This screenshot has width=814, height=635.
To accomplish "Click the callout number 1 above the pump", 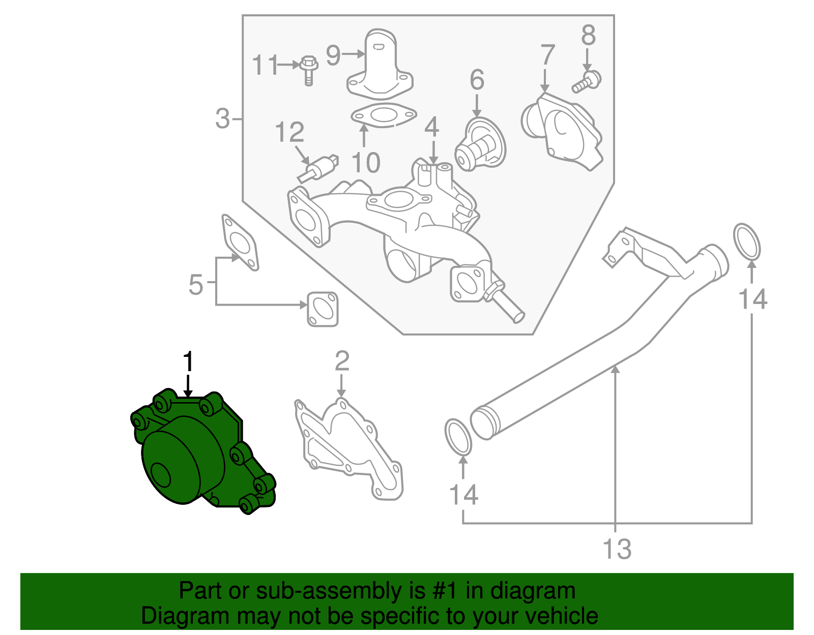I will pyautogui.click(x=188, y=362).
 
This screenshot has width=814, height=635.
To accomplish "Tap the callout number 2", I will pyautogui.click(x=342, y=361).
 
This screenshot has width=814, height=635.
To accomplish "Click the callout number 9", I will pyautogui.click(x=333, y=55).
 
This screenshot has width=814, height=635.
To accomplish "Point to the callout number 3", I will pyautogui.click(x=223, y=118).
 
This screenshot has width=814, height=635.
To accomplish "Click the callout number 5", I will pyautogui.click(x=196, y=285).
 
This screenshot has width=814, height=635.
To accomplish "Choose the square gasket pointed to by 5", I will pyautogui.click(x=323, y=309).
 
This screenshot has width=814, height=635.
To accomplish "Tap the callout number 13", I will pyautogui.click(x=617, y=549).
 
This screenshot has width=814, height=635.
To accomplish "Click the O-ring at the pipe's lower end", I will pyautogui.click(x=458, y=437).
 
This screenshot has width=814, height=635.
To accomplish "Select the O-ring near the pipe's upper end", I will pyautogui.click(x=747, y=241).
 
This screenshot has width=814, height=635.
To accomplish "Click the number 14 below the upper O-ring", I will pyautogui.click(x=752, y=299).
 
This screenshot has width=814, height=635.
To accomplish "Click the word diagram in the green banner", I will pyautogui.click(x=533, y=591).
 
